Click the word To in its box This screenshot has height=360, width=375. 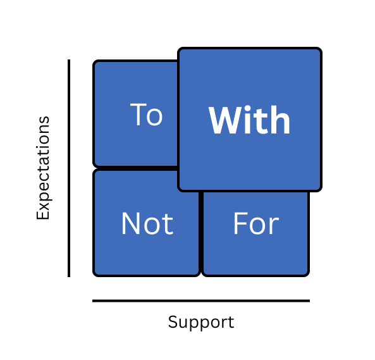146,115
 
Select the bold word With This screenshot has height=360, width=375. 249,120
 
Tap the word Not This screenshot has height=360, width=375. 147,223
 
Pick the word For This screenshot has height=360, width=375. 256,223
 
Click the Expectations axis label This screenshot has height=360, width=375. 43,168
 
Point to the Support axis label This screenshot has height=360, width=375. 201,323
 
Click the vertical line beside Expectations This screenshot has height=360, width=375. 69,168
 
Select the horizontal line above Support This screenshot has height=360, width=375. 201,301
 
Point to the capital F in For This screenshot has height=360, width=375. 240,223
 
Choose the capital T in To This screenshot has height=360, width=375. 138,115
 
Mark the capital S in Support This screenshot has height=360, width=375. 173,321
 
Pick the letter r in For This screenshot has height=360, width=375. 275,226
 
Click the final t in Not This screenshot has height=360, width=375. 169,225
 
